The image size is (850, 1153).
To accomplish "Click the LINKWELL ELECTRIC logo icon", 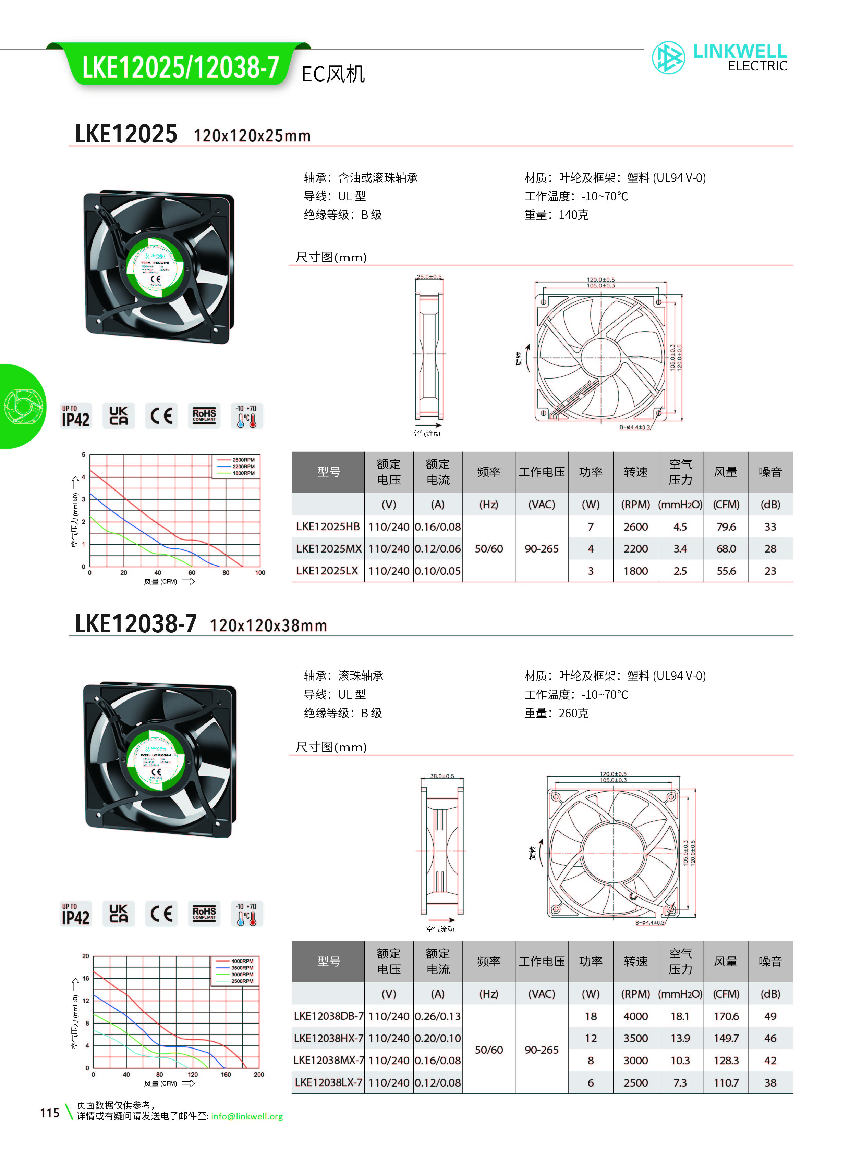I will click(x=668, y=58).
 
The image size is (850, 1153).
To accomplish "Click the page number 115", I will click(x=50, y=1113).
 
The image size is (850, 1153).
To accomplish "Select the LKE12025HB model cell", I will click(x=328, y=526).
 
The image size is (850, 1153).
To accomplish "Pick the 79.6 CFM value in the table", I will click(x=726, y=526).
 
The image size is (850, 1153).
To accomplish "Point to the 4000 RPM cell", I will click(x=635, y=1016).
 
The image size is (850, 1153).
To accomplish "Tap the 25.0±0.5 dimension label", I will click(x=429, y=277).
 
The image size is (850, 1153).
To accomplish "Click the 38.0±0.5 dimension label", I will click(x=442, y=776).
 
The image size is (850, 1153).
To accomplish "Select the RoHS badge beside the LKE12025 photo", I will click(x=204, y=416).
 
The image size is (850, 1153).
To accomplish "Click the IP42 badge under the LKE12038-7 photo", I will click(x=76, y=914).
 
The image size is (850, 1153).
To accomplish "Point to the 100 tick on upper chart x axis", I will click(x=260, y=572).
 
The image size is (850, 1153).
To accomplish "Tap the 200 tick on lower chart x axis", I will click(x=259, y=1074).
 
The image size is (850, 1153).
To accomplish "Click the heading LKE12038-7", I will click(x=136, y=624).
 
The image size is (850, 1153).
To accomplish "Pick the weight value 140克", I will click(x=573, y=215).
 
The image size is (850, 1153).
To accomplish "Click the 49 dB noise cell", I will click(x=770, y=1016).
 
